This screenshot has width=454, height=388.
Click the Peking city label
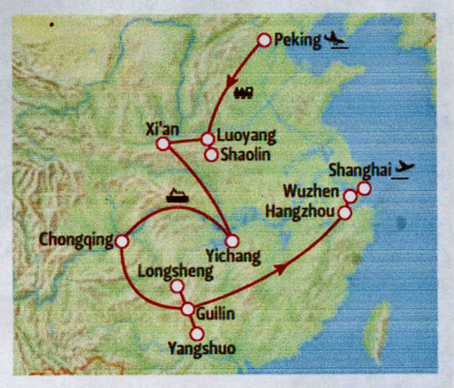(x=299, y=40)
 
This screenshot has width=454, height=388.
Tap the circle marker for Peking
(x=264, y=40)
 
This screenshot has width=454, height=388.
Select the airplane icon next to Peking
(x=337, y=40)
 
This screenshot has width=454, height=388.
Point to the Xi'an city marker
(x=163, y=144)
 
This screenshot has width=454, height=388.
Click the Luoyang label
(x=245, y=137)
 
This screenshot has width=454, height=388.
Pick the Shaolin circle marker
(x=212, y=154)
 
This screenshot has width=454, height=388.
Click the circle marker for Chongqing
(x=120, y=242)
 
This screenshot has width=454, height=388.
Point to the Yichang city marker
(x=231, y=241)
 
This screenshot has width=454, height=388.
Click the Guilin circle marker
(x=188, y=310)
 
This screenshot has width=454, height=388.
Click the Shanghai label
(x=360, y=169)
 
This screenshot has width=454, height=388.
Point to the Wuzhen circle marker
(x=350, y=195)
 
